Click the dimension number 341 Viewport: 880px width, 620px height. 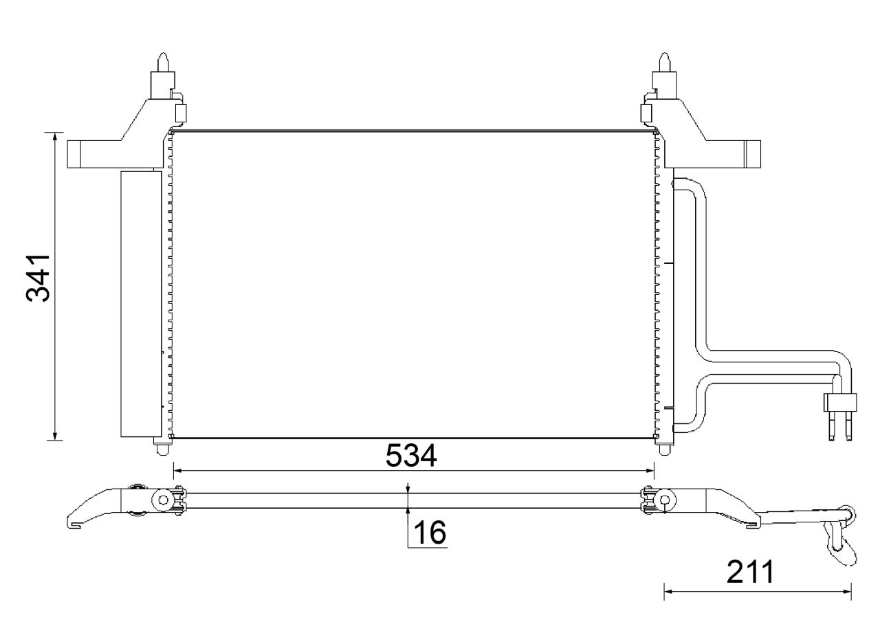point(38,277)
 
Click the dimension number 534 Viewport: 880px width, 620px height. point(410,456)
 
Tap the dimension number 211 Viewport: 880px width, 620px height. point(750,572)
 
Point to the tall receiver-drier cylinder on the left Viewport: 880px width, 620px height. point(141,304)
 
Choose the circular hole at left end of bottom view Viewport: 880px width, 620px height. point(164,500)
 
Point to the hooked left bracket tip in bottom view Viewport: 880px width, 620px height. point(74,522)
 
